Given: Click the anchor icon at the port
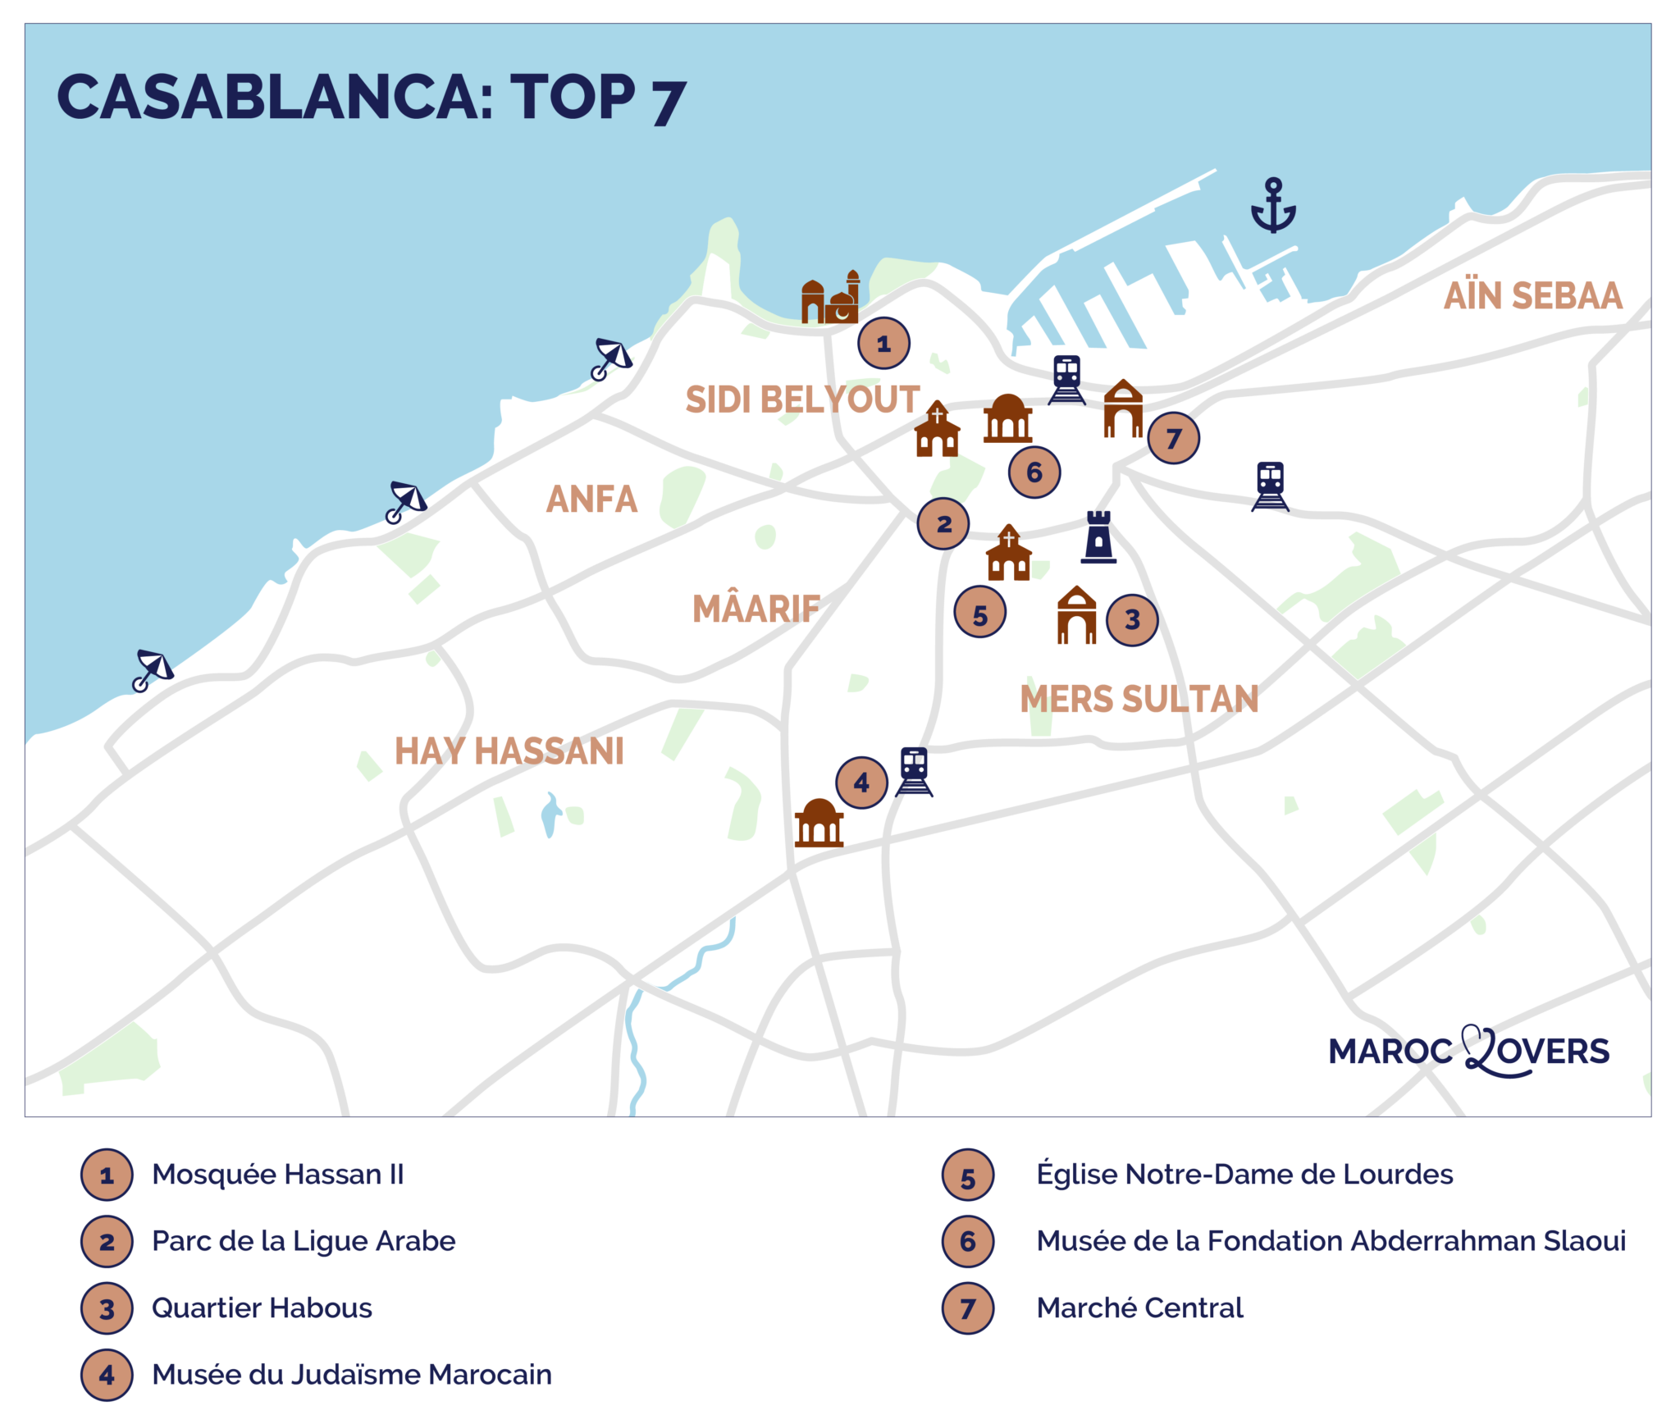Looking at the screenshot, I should click(x=1272, y=206).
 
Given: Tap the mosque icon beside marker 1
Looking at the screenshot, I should click(x=830, y=299).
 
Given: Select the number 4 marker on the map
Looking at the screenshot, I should click(x=861, y=783).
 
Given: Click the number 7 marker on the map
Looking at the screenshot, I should click(x=1173, y=438).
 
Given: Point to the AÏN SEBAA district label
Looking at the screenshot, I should click(x=1532, y=296).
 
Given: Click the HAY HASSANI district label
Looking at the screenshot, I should click(x=509, y=751).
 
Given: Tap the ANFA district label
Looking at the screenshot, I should click(x=591, y=500).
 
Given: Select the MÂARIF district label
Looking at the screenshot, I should click(x=756, y=609).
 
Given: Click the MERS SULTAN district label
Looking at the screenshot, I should click(x=1139, y=699).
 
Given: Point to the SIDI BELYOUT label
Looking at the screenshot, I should click(x=802, y=399).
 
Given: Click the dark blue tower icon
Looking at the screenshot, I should click(x=1098, y=537).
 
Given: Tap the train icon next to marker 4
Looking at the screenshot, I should click(x=914, y=771).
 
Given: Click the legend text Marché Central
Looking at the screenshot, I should click(x=1139, y=1308).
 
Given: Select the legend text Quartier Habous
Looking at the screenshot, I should click(x=262, y=1308).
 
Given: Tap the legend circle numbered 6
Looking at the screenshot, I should click(x=968, y=1242).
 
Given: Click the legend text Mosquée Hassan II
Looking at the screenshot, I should click(x=278, y=1175).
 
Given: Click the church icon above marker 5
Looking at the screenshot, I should click(x=1008, y=554).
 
